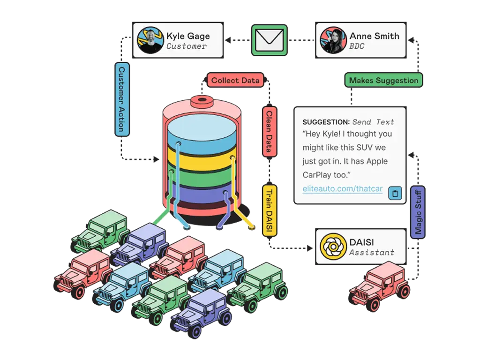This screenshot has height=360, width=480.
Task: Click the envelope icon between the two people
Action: point(270,40)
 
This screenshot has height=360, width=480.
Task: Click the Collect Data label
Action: point(235,80)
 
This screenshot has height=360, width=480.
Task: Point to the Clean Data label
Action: point(269,132)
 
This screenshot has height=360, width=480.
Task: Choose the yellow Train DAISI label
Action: point(269,210)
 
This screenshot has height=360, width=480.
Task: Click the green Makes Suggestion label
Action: point(383,80)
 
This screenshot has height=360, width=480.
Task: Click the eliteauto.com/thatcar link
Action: point(342,189)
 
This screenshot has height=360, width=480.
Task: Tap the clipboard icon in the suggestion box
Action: point(395,193)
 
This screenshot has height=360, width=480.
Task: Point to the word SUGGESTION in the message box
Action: point(326,122)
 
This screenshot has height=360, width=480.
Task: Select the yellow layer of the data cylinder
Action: point(202,162)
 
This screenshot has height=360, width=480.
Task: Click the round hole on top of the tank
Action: point(202,100)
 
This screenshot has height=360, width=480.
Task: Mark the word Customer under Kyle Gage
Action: point(186,46)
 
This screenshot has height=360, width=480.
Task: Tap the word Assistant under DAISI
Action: point(372,252)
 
